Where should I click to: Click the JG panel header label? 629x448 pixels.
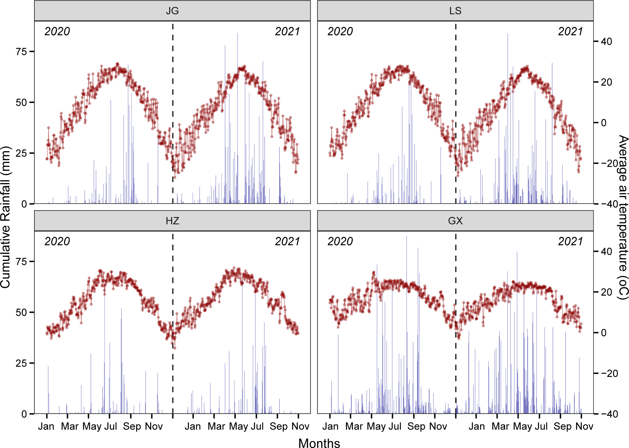(x=172, y=11)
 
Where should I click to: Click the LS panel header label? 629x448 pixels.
(x=455, y=11)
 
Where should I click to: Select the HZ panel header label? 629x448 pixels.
(x=172, y=221)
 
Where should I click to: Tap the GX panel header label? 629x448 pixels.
(x=455, y=221)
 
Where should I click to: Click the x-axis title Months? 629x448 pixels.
(x=319, y=443)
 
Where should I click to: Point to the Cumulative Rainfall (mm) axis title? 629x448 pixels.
(x=6, y=217)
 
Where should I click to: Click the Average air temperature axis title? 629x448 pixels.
(x=623, y=217)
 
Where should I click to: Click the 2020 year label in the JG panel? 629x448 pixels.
(x=57, y=31)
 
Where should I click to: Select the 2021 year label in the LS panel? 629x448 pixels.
(x=570, y=31)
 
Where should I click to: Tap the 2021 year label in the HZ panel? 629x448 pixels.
(x=287, y=241)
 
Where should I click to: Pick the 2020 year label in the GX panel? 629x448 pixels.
(x=340, y=241)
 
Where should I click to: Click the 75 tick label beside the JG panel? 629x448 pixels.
(x=21, y=52)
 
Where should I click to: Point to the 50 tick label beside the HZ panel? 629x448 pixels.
(x=21, y=312)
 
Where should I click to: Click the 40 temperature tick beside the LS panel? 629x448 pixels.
(x=606, y=41)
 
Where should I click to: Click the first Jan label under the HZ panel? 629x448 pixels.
(x=46, y=426)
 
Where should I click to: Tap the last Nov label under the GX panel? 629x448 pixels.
(x=584, y=426)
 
